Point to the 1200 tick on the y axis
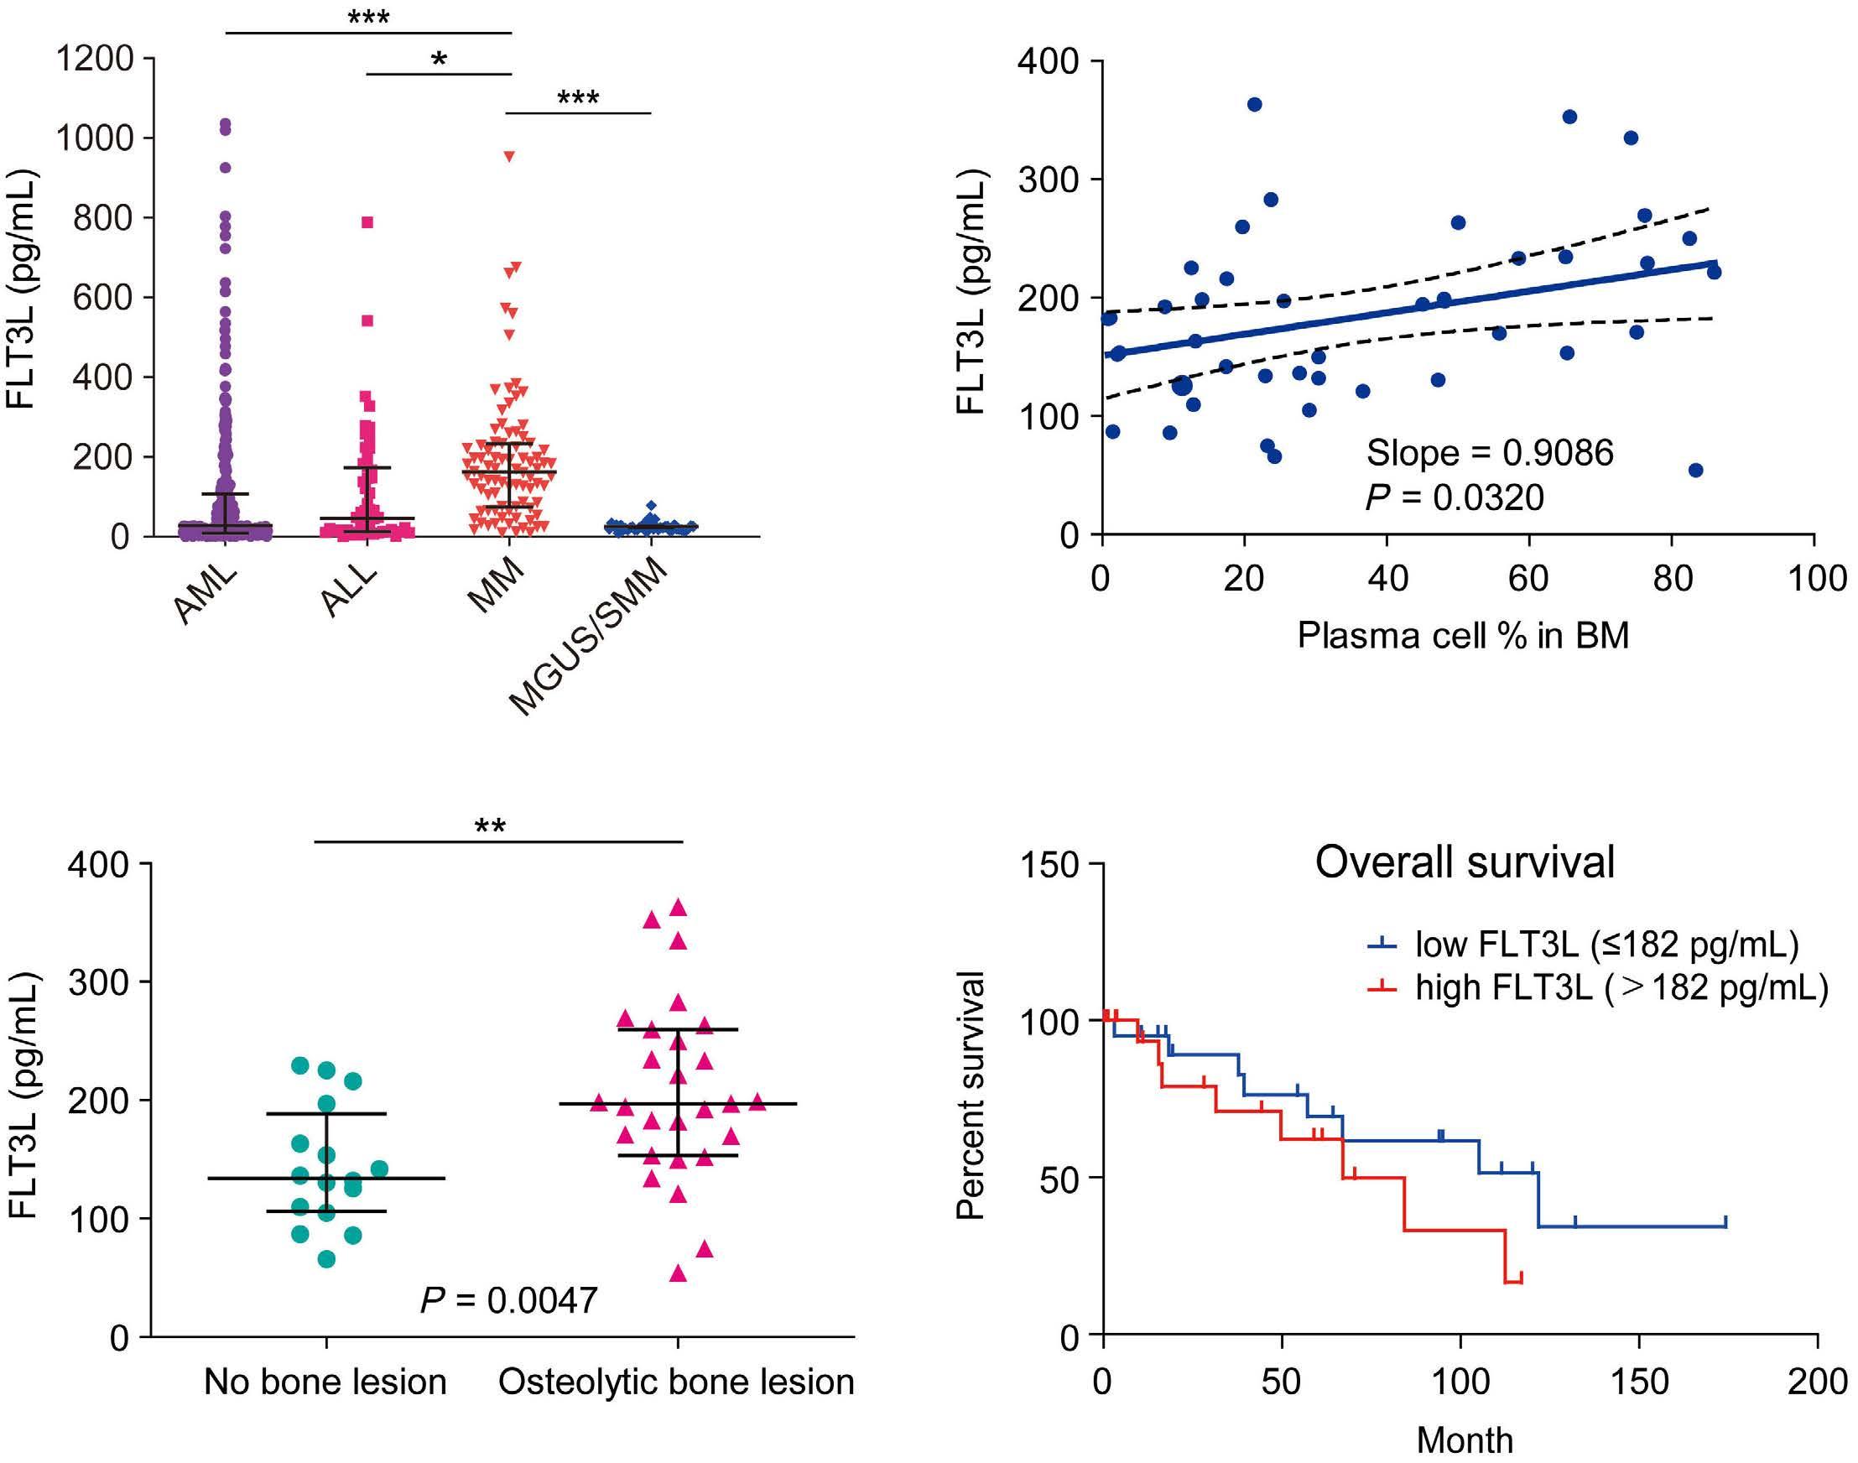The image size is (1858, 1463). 94,59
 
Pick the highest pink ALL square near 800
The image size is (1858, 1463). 367,222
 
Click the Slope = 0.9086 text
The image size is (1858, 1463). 1489,453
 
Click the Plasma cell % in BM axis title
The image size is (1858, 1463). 1462,636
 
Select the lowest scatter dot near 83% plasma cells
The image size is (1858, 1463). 1694,471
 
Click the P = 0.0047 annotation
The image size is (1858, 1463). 508,1300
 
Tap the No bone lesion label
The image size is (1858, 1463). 325,1382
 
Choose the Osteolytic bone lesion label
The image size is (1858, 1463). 677,1382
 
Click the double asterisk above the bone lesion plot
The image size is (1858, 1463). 490,826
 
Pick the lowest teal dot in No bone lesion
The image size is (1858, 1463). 326,1259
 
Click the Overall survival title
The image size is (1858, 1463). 1464,862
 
